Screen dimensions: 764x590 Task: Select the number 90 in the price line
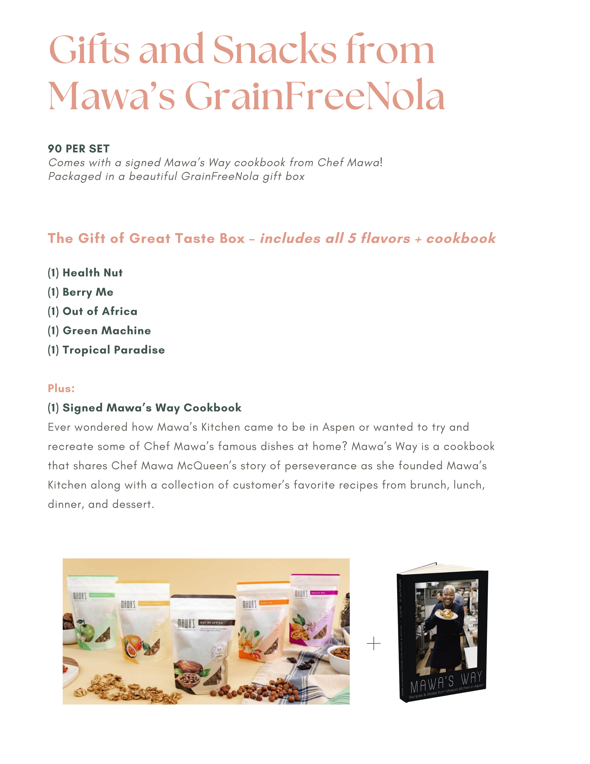pos(55,149)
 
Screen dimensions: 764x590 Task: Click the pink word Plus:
pos(61,388)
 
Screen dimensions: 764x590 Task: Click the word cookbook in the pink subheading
pos(461,239)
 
